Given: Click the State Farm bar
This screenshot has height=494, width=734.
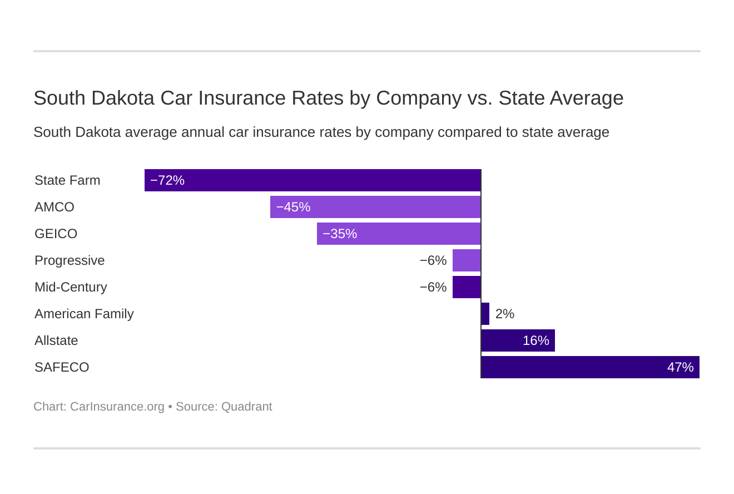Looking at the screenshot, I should pos(313,180).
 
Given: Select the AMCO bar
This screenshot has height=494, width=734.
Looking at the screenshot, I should pos(375,207).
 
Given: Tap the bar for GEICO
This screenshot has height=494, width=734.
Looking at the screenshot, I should pos(399,234).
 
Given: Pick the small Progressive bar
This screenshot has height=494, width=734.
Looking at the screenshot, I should pos(467,260).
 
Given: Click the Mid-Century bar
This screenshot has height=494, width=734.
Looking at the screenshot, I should pos(467,287).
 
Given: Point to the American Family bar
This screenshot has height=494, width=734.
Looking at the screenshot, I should pos(485,314).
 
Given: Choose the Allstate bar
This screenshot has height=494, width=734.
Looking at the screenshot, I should pos(518,340).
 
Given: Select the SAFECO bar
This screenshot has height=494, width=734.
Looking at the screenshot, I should pos(590,367).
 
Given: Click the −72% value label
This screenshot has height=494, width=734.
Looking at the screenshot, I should pos(167,180).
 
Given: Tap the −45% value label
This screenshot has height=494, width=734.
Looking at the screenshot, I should pos(293,207).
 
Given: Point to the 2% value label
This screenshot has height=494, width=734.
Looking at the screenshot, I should pos(504,314).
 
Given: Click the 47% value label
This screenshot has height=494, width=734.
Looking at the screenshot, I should pos(680,367).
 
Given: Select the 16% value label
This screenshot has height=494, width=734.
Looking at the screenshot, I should pos(535,340).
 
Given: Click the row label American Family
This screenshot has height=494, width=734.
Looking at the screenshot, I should pos(84,314).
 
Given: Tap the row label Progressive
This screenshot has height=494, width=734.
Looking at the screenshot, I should pos(70,260).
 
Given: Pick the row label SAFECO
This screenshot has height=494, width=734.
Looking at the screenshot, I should pos(62,367).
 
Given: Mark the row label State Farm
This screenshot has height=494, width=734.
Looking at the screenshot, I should pos(67,180).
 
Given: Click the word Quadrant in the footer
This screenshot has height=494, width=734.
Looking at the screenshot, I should pos(246,407).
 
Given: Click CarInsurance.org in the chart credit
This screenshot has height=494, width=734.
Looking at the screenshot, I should pos(117,407).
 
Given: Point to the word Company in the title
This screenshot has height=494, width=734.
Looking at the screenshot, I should pos(418,98).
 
